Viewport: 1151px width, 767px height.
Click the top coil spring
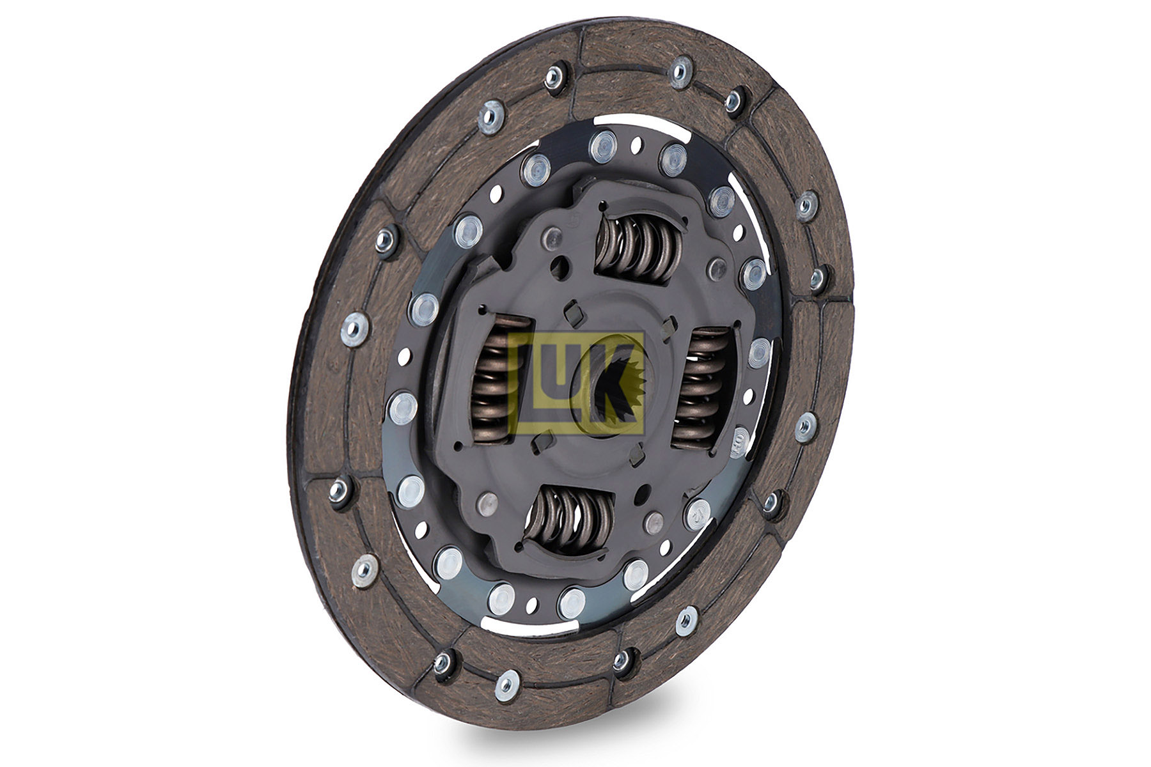point(637,246)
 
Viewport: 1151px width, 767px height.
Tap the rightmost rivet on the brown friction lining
point(818,278)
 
